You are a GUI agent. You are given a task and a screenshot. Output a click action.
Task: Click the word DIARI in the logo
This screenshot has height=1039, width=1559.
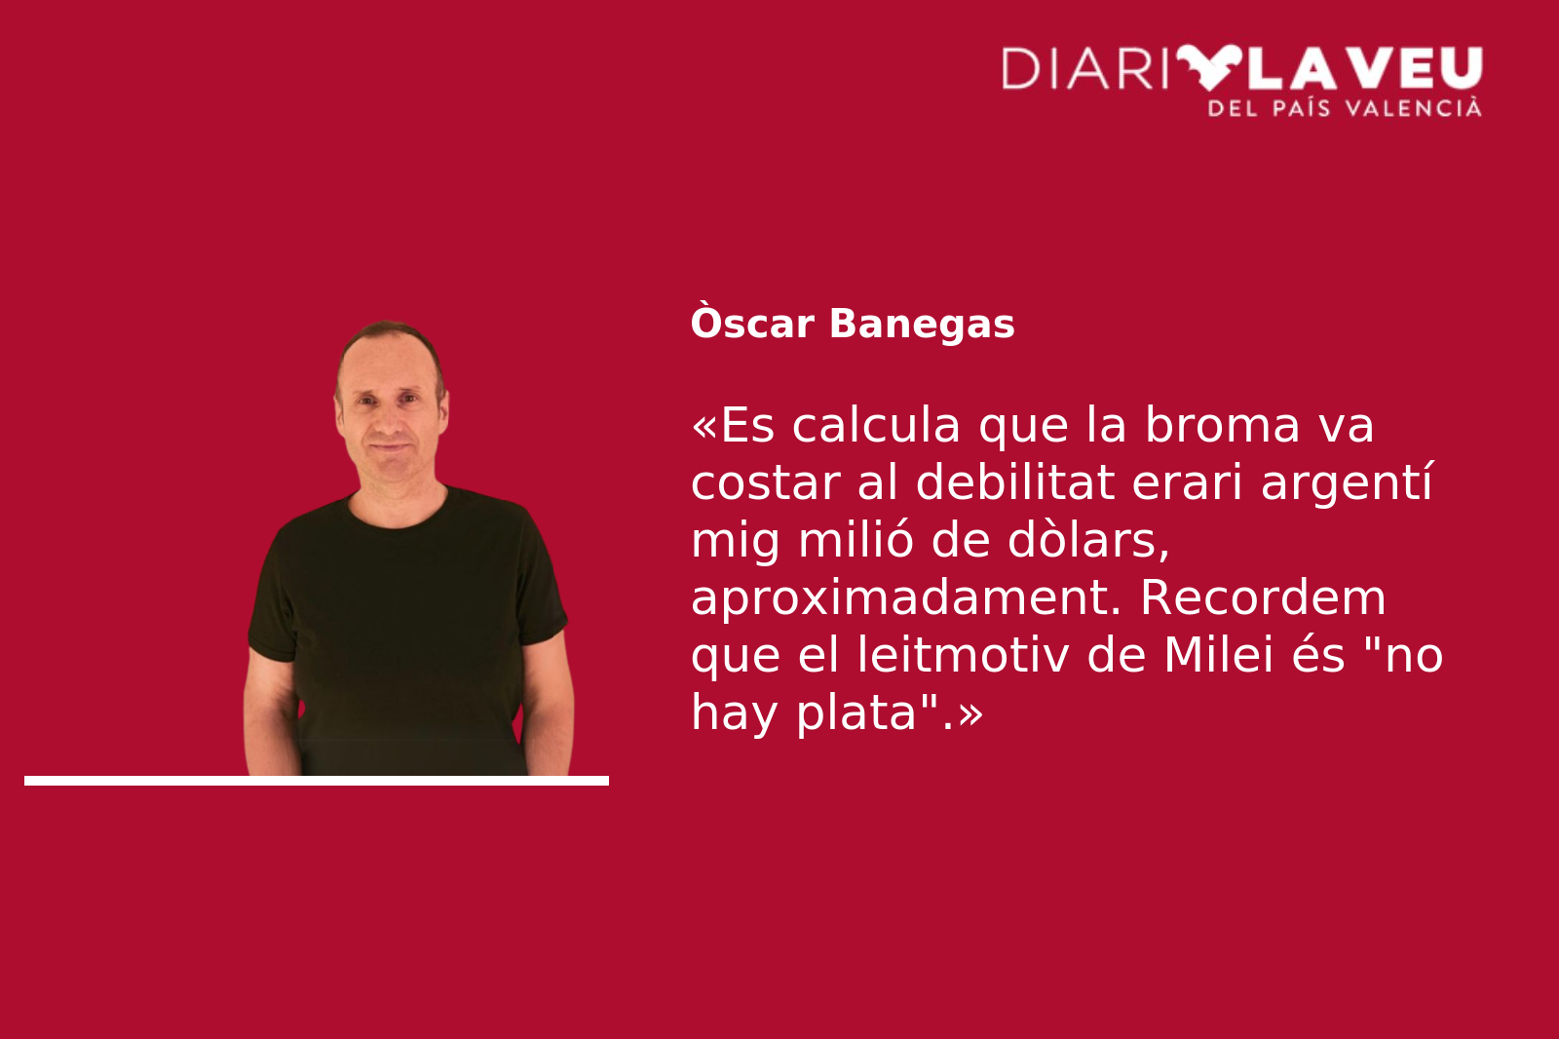click(x=1084, y=68)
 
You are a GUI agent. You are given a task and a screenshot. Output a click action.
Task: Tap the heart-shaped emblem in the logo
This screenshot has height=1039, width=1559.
click(x=1209, y=67)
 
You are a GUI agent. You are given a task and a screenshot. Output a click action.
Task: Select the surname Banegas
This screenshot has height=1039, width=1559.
click(x=922, y=324)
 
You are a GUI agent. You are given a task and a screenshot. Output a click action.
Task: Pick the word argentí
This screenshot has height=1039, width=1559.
click(x=1347, y=484)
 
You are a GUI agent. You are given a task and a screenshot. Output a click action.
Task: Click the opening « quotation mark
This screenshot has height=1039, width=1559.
click(x=703, y=425)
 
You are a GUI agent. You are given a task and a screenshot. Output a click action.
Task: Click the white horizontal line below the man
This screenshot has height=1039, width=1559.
click(x=317, y=781)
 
